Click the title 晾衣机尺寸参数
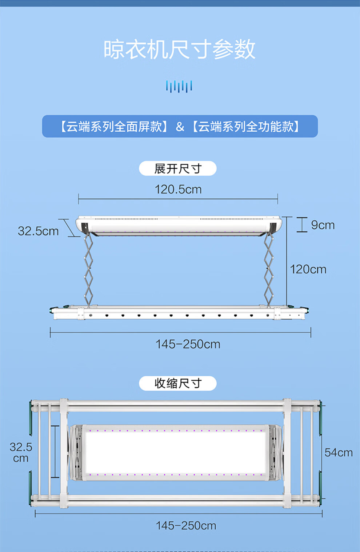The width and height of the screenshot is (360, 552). tap(180, 49)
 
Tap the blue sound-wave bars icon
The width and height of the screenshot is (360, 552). tap(179, 87)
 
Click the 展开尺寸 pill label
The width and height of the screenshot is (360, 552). tap(178, 168)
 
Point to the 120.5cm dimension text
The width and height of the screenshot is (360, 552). tap(178, 189)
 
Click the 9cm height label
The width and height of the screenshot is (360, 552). tap(323, 225)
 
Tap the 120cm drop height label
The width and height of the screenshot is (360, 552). tap(308, 269)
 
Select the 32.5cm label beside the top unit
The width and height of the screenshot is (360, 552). tap(38, 231)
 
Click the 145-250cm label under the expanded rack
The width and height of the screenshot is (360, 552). tap(188, 344)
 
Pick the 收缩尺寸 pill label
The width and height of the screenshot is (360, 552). tap(178, 383)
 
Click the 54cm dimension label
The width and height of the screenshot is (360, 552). tap(339, 452)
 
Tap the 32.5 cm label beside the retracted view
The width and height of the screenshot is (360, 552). tap(21, 452)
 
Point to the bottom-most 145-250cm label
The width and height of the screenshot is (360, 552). tap(186, 525)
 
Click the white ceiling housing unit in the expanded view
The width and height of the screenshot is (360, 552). tap(179, 225)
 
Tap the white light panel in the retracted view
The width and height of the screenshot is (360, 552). tap(176, 452)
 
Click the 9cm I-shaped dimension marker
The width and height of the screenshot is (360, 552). tap(302, 225)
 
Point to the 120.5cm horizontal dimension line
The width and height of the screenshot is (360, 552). tap(178, 199)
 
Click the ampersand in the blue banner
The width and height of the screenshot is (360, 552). tap(180, 127)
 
